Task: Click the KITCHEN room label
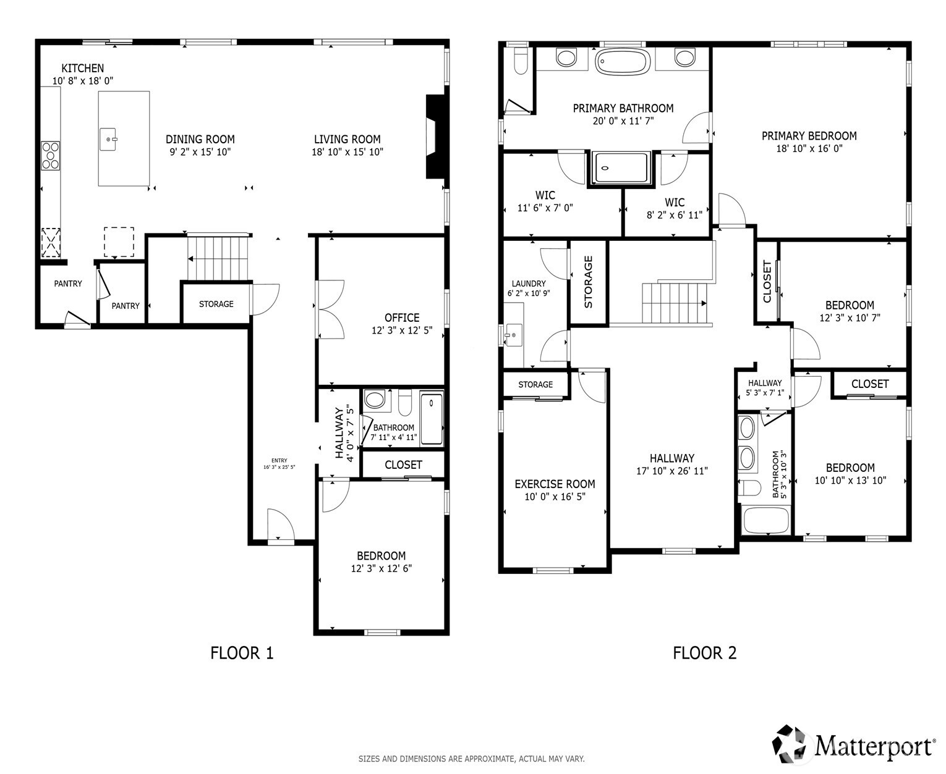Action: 82,69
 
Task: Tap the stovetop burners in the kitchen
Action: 51,155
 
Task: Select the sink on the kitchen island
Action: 109,140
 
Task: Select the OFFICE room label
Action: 402,318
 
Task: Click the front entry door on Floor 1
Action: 279,525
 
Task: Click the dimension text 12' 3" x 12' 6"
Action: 381,568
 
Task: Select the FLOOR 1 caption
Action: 242,653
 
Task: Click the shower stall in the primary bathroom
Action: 622,169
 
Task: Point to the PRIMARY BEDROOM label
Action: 809,136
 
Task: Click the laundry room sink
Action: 513,335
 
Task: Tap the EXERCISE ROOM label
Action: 555,484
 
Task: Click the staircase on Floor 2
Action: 675,303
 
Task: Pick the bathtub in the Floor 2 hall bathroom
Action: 766,520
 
